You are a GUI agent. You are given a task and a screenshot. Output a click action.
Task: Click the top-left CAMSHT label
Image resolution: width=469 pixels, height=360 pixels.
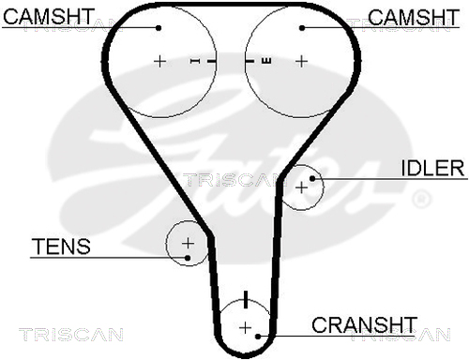click(x=49, y=16)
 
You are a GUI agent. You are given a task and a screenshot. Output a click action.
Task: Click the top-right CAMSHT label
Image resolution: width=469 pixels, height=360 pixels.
click(x=414, y=17)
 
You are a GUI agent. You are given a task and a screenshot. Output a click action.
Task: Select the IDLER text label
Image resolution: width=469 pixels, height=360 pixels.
click(x=432, y=168)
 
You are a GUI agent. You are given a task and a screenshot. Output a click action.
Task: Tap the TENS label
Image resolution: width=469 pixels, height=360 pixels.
click(x=61, y=247)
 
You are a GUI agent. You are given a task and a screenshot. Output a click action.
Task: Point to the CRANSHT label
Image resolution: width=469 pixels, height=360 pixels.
click(x=365, y=325)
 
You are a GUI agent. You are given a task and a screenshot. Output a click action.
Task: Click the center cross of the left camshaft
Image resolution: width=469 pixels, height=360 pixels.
click(x=159, y=61)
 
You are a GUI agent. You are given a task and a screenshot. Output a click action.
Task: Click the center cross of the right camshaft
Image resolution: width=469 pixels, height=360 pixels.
click(x=301, y=61)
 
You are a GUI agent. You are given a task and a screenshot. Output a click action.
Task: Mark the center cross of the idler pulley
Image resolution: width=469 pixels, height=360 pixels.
click(x=302, y=187)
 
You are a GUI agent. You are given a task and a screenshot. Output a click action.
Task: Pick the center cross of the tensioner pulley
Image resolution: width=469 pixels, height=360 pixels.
click(x=188, y=243)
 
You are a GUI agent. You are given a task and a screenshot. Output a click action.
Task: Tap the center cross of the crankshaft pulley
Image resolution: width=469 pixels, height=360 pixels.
click(x=246, y=328)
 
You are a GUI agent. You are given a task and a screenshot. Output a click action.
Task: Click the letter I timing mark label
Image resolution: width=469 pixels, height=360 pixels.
click(x=195, y=61)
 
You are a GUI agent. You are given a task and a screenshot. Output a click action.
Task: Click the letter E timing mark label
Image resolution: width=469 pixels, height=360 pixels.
click(x=266, y=61)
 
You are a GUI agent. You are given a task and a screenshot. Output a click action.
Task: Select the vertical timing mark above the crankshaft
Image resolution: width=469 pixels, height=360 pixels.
click(x=246, y=299)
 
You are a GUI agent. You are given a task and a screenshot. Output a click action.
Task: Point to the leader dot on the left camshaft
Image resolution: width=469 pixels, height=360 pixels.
click(x=159, y=28)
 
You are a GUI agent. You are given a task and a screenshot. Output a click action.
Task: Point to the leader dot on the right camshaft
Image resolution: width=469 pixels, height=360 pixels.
click(x=302, y=28)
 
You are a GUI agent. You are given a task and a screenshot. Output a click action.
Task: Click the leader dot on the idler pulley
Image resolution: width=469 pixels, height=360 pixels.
click(x=312, y=178)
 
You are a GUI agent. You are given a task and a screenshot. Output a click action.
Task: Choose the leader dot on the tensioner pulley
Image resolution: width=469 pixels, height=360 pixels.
click(x=188, y=258)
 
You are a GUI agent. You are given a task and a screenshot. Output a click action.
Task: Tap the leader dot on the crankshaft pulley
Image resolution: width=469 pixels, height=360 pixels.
click(x=258, y=337)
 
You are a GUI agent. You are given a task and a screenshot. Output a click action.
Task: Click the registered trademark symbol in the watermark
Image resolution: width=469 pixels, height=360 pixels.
click(x=422, y=199)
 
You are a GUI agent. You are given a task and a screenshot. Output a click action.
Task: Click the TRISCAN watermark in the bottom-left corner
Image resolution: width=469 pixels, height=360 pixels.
click(x=71, y=335)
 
